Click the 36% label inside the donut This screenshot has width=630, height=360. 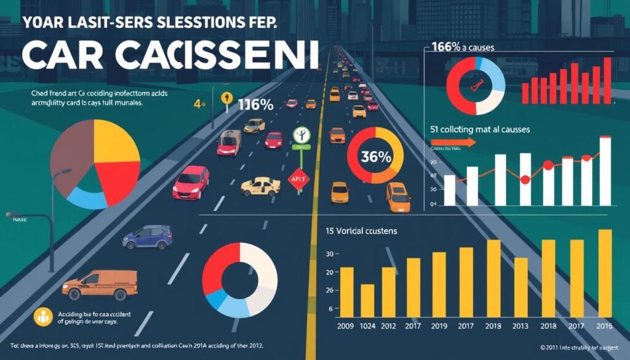(376, 157)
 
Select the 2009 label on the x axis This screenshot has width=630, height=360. (346, 327)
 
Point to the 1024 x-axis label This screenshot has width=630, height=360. (367, 327)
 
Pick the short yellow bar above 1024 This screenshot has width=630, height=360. (367, 300)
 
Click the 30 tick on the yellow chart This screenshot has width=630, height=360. (329, 254)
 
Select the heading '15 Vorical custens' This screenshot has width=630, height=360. (361, 231)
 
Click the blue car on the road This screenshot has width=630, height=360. (147, 237)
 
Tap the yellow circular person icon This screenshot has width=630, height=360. (43, 316)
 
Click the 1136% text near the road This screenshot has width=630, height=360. (255, 105)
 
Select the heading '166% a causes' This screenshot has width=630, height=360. (462, 47)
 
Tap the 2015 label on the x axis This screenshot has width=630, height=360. (605, 327)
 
